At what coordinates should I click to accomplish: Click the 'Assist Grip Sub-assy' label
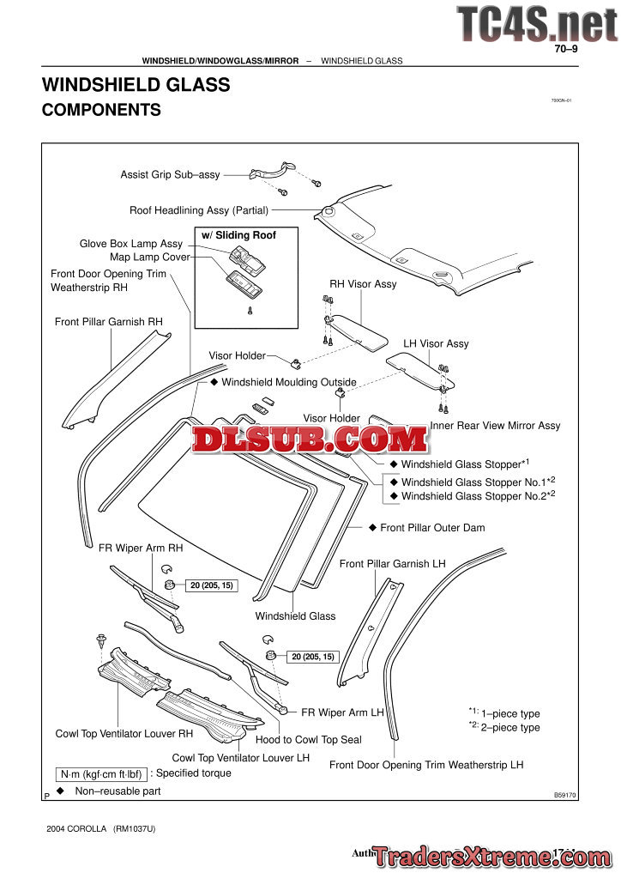click(170, 174)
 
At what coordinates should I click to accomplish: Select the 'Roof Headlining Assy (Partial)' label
click(199, 209)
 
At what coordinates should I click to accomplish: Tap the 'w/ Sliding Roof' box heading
click(238, 234)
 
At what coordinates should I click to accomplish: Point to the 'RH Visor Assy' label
click(363, 284)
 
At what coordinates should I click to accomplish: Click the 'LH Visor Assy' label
click(436, 343)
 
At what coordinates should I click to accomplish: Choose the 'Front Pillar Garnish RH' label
click(108, 322)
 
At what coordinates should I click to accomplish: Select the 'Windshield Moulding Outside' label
click(289, 381)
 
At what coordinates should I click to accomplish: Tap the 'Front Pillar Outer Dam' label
click(432, 527)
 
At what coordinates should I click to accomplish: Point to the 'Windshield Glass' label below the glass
click(295, 615)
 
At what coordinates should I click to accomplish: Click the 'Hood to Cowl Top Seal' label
click(309, 739)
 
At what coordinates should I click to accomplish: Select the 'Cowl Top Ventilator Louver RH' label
click(124, 734)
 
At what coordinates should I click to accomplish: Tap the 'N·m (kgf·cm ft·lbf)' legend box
click(101, 773)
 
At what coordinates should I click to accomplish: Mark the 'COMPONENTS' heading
click(101, 110)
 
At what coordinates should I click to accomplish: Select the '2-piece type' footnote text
click(510, 727)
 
